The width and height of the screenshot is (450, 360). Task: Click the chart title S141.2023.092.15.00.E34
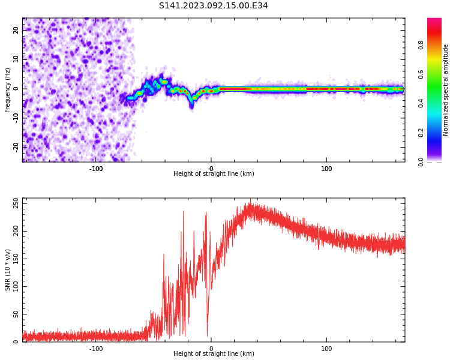tap(213, 5)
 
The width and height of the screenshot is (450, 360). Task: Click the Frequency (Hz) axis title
tap(8, 90)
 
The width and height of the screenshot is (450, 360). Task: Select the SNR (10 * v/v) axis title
tap(8, 270)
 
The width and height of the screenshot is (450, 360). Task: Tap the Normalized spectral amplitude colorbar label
tap(446, 90)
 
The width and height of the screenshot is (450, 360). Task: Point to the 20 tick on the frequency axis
tap(16, 31)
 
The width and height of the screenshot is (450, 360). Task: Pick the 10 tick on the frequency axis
tap(16, 59)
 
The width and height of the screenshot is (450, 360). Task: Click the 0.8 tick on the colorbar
tap(421, 45)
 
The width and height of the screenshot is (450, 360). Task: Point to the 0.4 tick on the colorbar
tap(421, 103)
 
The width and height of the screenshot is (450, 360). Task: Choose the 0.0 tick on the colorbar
tap(421, 161)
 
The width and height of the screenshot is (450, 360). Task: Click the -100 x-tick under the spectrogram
tap(96, 168)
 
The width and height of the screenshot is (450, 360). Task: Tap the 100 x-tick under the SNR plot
tap(326, 348)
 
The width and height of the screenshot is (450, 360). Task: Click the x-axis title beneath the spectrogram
tap(214, 174)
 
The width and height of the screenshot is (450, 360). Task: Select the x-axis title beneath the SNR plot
tap(214, 354)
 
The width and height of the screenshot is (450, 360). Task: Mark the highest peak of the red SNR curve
tap(250, 202)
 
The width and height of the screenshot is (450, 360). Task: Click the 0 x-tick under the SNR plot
tap(211, 348)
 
